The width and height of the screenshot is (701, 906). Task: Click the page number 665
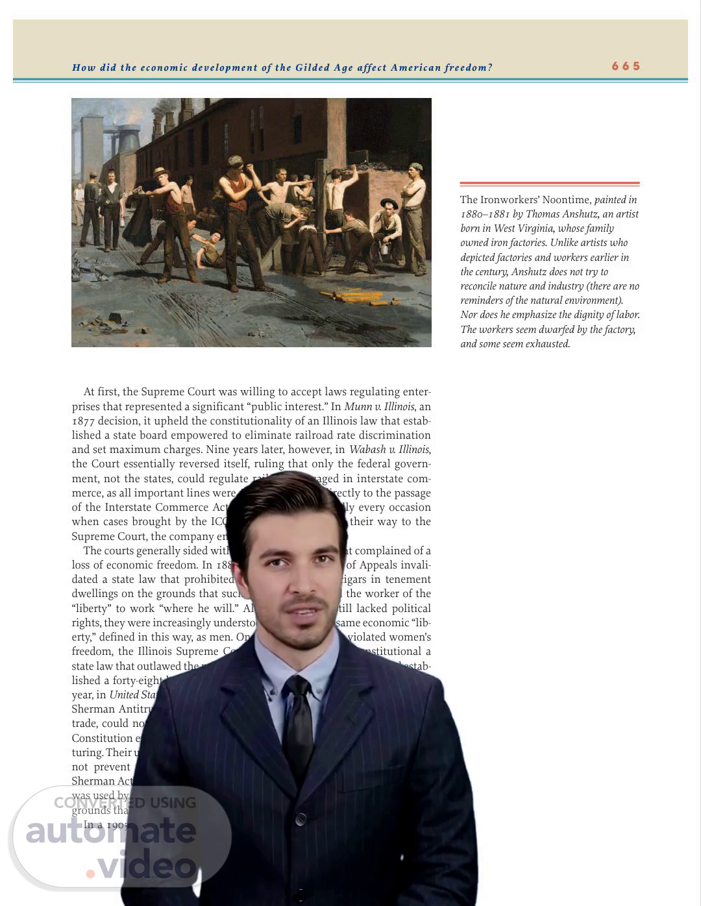tap(626, 66)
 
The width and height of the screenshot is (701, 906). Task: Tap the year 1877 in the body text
tap(83, 421)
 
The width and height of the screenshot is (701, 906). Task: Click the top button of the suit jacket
tap(301, 819)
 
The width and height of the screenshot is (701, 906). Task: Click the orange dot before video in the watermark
tap(90, 873)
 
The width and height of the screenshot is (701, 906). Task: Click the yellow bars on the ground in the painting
tap(354, 297)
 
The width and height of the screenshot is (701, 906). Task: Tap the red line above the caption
tap(549, 184)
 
